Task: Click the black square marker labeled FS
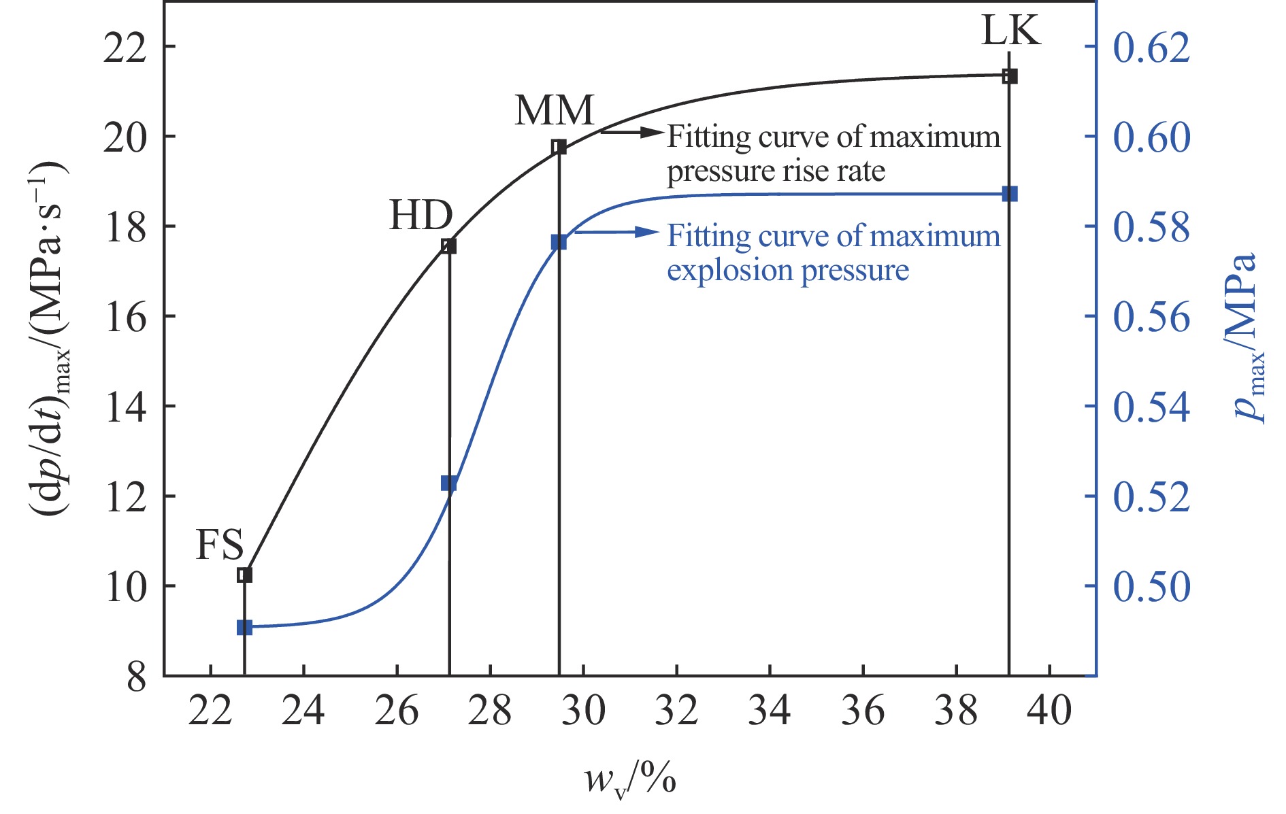pyautogui.click(x=244, y=575)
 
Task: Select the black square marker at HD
pyautogui.click(x=448, y=246)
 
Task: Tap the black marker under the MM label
pyautogui.click(x=559, y=148)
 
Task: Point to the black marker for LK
pyautogui.click(x=1010, y=76)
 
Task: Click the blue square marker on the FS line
pyautogui.click(x=244, y=628)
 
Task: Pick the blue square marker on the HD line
pyautogui.click(x=448, y=484)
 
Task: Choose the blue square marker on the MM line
pyautogui.click(x=559, y=242)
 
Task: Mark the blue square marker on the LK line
pyautogui.click(x=1010, y=194)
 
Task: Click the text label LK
pyautogui.click(x=1010, y=31)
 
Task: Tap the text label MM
pyautogui.click(x=555, y=110)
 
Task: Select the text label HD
pyautogui.click(x=421, y=216)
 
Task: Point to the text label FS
pyautogui.click(x=220, y=545)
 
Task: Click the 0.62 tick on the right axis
pyautogui.click(x=1151, y=48)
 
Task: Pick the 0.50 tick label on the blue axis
pyautogui.click(x=1151, y=586)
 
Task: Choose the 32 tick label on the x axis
pyautogui.click(x=676, y=711)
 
